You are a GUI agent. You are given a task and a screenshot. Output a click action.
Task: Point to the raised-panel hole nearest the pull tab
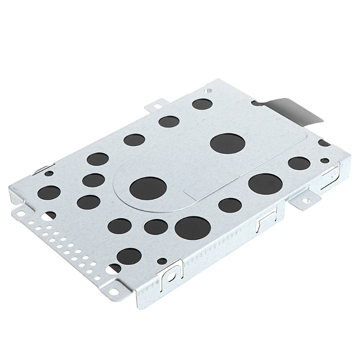[227, 143]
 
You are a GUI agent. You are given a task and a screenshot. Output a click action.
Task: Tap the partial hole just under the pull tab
[323, 143]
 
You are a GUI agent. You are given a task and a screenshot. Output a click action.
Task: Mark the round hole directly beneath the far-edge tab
[169, 121]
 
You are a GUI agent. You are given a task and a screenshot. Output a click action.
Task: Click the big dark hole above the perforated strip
[49, 191]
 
